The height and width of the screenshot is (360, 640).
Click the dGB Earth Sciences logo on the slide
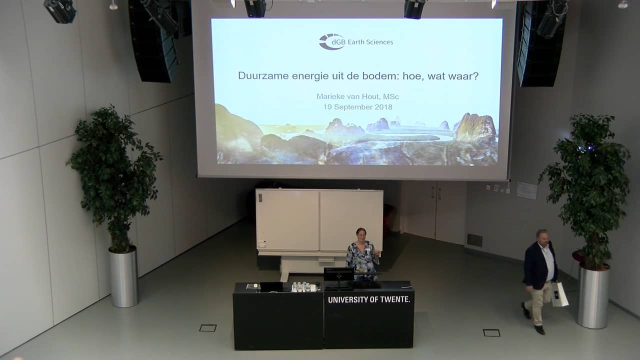click(355, 41)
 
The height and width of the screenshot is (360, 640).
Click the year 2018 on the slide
click(383, 107)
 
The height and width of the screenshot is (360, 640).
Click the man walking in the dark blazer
click(539, 280)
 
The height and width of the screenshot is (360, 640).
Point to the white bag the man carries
click(559, 294)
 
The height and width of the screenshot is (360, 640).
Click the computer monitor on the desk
click(338, 275)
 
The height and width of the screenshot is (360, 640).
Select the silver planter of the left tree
click(123, 276)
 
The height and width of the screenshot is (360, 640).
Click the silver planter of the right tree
click(593, 295)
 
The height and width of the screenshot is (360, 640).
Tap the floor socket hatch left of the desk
click(208, 328)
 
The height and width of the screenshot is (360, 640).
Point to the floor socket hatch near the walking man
click(491, 332)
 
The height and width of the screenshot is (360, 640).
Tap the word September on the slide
click(353, 107)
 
